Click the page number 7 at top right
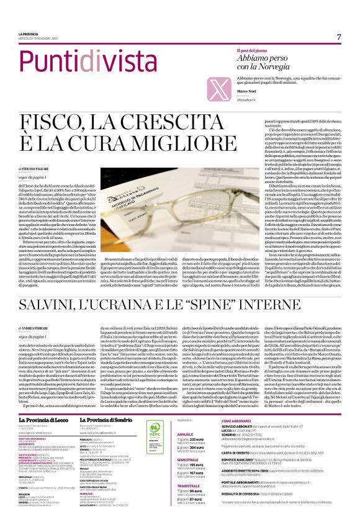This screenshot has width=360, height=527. point(339,37)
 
